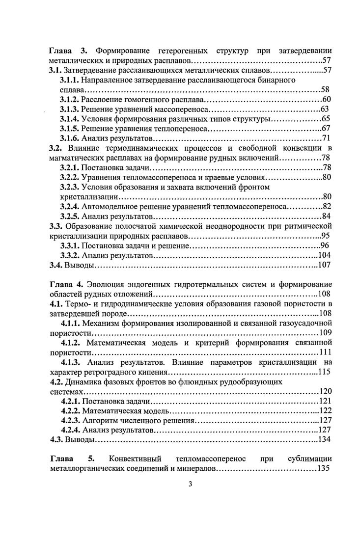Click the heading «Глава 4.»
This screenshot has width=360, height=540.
67,284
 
